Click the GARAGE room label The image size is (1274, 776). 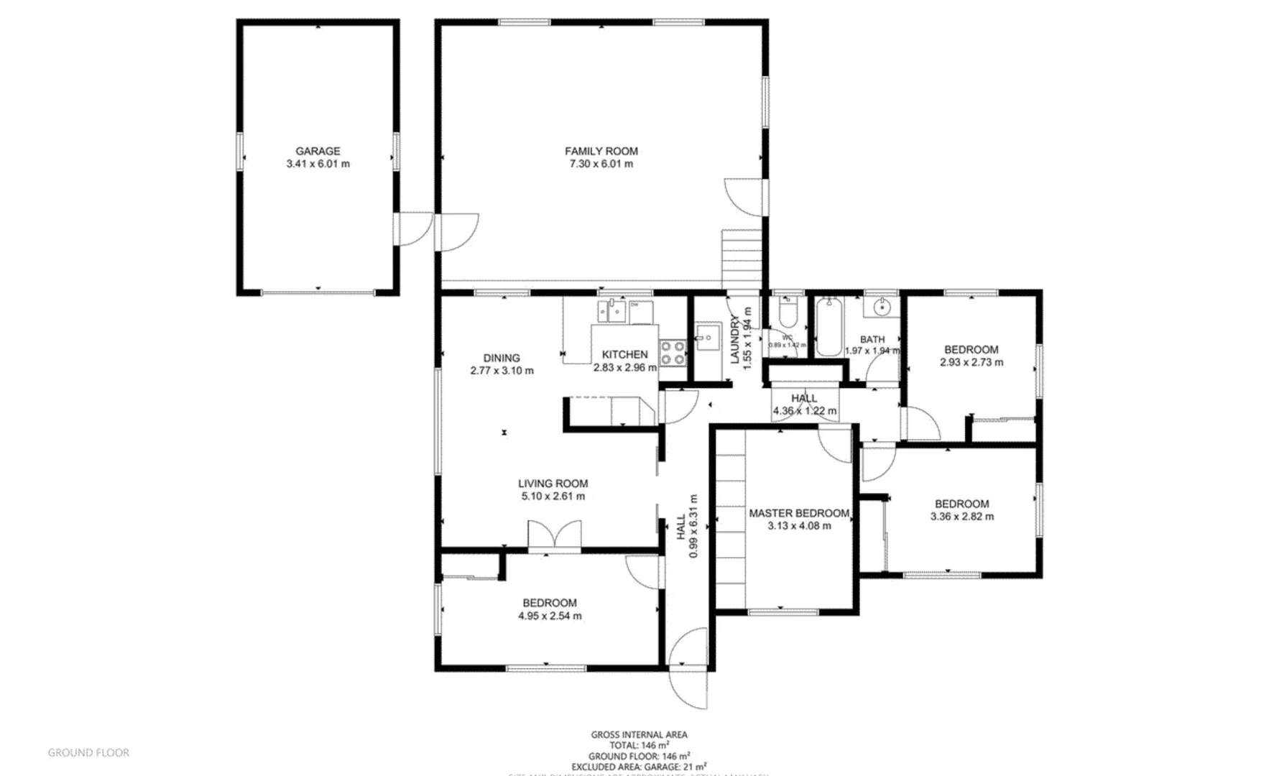[318, 151]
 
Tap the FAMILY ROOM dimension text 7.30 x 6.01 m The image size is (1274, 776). [601, 164]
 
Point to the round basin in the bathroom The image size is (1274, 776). [882, 308]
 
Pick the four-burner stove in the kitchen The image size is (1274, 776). [673, 353]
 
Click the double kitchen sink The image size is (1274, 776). [611, 311]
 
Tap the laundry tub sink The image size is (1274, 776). [707, 336]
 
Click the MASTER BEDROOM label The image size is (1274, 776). [799, 513]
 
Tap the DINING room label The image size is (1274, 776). [502, 358]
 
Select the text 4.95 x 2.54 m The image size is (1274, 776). [550, 616]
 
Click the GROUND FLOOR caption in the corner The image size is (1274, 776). [88, 753]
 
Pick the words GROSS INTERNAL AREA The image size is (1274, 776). [639, 734]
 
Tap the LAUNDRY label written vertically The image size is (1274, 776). [735, 339]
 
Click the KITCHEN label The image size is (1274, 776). [624, 354]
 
